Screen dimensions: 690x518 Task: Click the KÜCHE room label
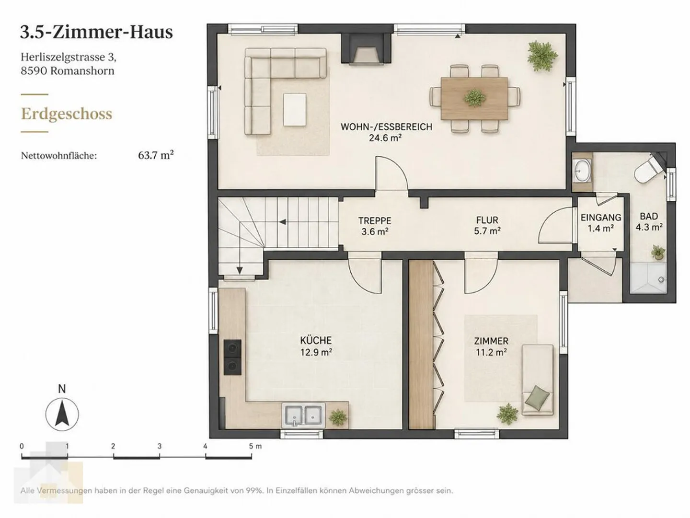tap(316, 340)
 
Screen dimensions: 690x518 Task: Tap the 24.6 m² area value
tap(386, 138)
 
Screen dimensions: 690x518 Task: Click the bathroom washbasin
tap(582, 171)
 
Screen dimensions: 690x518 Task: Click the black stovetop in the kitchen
tap(232, 357)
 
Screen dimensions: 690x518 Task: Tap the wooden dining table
tap(474, 98)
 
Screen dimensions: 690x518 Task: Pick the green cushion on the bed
tap(539, 397)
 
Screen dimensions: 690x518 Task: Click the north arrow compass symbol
tap(62, 414)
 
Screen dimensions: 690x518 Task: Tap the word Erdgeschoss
tap(67, 114)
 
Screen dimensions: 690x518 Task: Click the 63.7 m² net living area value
tap(156, 155)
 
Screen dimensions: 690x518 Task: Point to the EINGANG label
tap(601, 217)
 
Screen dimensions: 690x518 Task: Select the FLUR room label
tap(487, 220)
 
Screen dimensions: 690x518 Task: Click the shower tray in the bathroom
tap(648, 277)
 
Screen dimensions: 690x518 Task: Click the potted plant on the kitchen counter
tap(338, 417)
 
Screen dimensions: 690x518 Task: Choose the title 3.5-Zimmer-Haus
tap(96, 33)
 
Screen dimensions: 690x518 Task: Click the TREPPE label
tap(375, 220)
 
